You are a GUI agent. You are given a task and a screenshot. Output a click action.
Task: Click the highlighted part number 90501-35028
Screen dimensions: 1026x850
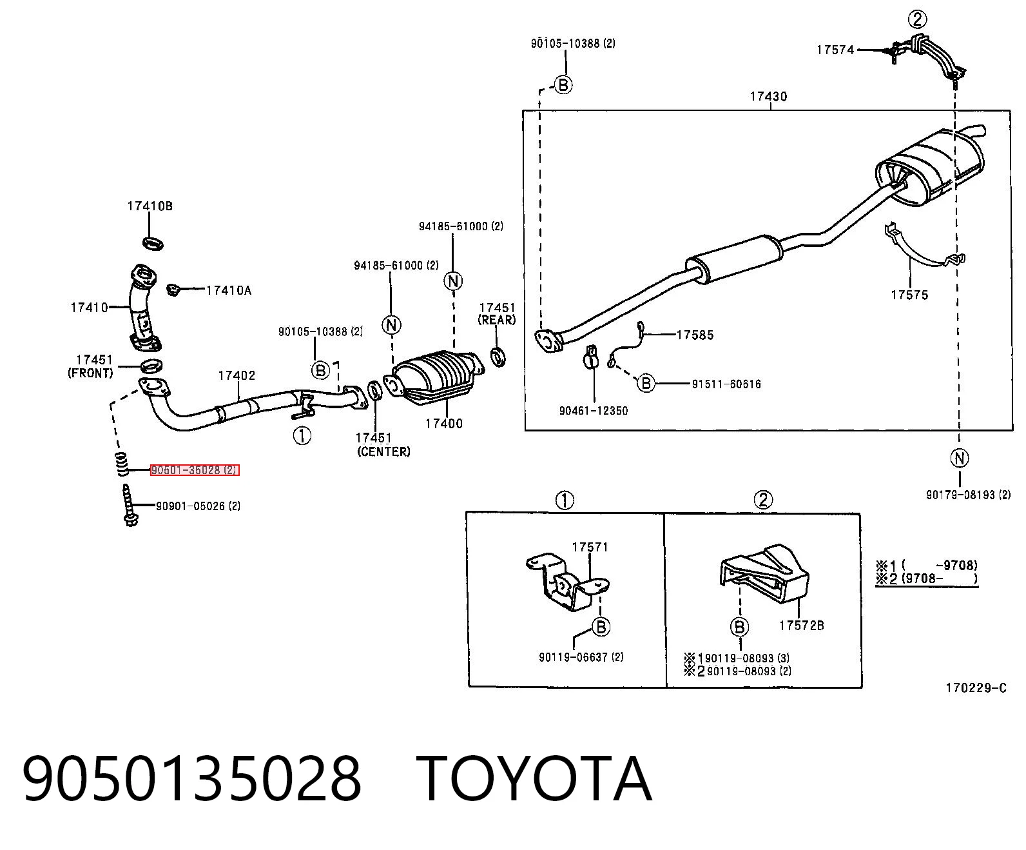click(195, 470)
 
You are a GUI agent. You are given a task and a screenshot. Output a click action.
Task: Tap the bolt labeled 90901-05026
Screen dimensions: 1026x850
click(130, 505)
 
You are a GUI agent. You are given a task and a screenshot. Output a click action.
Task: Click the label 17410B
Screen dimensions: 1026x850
click(150, 206)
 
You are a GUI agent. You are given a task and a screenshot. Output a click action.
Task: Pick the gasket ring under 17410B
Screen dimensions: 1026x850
click(153, 243)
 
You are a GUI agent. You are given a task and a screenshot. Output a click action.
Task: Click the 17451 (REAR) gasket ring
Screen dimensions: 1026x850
click(498, 357)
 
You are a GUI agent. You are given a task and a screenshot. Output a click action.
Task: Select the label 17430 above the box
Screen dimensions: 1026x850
click(768, 96)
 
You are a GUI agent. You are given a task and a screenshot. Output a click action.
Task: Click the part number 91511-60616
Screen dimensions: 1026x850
click(726, 384)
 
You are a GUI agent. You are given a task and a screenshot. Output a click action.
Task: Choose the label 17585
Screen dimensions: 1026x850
click(695, 335)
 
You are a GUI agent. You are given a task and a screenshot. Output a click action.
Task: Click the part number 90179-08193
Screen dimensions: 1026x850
click(969, 495)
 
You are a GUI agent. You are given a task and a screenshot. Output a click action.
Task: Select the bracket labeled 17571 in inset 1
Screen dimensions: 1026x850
click(568, 582)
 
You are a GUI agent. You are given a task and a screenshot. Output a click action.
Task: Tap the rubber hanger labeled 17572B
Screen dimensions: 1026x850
click(764, 573)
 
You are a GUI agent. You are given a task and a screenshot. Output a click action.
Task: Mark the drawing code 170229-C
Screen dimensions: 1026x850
click(976, 687)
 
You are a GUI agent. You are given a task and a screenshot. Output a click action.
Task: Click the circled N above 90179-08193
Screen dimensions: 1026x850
click(960, 459)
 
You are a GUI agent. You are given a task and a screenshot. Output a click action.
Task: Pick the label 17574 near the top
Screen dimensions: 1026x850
click(835, 50)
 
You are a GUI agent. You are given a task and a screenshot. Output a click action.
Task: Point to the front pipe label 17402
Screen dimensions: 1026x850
click(237, 376)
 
